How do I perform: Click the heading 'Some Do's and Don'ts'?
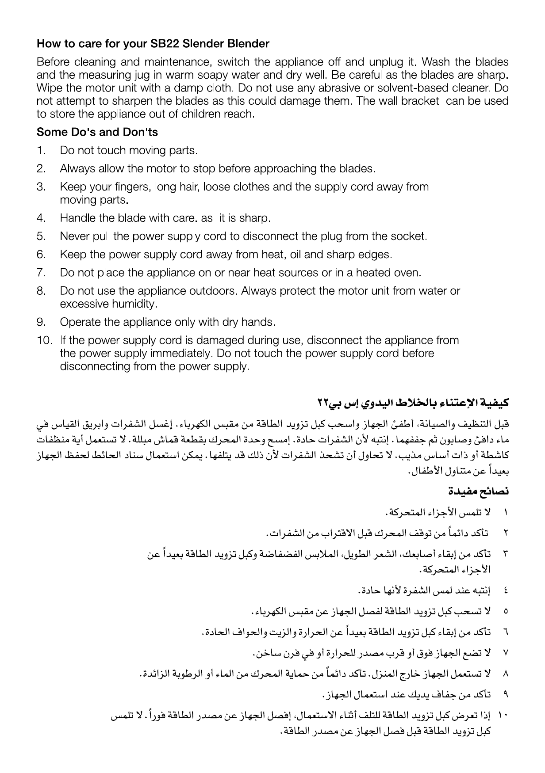[97, 132]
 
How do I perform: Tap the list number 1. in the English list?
[41, 151]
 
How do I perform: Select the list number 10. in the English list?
[44, 340]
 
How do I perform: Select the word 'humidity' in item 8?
[137, 304]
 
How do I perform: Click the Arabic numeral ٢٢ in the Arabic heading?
[323, 403]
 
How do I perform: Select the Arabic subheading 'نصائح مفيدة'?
[478, 491]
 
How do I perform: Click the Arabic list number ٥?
[505, 613]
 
